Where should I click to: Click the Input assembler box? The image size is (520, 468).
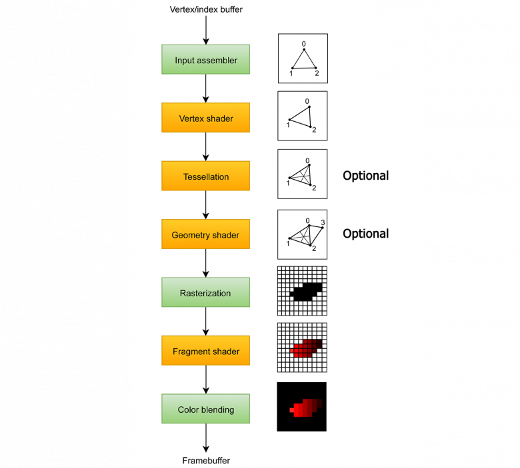coord(206,60)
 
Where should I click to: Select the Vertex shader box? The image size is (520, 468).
coord(206,118)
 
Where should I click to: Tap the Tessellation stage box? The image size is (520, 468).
coord(206,176)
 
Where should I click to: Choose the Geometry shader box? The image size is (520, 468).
coord(206,235)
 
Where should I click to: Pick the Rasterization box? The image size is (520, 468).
coord(206,293)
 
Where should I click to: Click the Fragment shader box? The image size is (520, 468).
coord(206,351)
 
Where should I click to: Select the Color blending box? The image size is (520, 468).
coord(206,409)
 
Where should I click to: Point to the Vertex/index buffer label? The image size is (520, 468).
coord(206,9)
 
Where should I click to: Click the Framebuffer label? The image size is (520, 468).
coord(206,461)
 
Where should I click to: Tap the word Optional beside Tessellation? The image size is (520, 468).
coord(365,176)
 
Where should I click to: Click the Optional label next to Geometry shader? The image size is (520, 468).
coord(365,234)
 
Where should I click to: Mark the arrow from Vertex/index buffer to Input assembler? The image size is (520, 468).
coord(206,30)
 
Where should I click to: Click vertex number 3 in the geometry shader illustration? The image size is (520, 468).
coord(322,222)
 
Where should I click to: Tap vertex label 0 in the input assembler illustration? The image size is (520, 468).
coord(304,45)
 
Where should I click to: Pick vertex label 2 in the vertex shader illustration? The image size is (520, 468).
coord(314,129)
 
